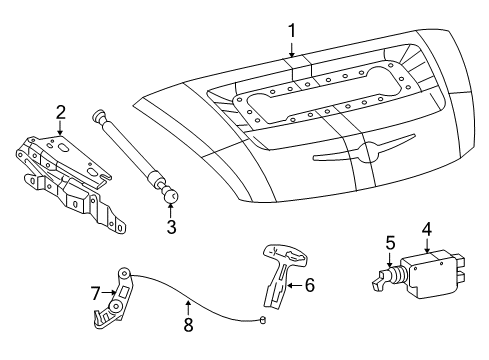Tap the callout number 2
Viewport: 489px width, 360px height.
(x=60, y=112)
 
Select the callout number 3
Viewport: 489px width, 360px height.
(x=170, y=227)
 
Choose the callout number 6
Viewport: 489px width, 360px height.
(x=308, y=285)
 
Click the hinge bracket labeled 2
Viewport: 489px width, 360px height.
(x=65, y=175)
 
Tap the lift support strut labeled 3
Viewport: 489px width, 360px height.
(x=135, y=155)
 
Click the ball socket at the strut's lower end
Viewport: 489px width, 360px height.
(x=171, y=197)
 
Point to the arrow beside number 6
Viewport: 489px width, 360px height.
(x=292, y=286)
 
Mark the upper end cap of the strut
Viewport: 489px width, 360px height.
(x=100, y=116)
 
